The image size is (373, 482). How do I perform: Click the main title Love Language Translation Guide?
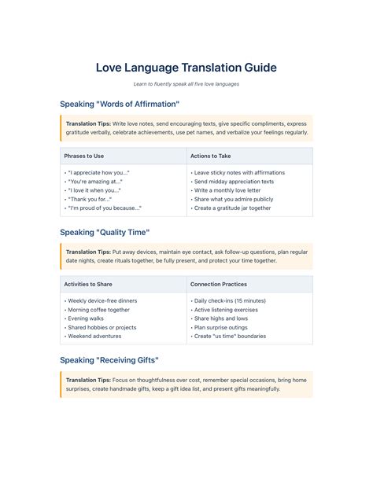click(186, 67)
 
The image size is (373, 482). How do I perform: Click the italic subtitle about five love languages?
click(186, 84)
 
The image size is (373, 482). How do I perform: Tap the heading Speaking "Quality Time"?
click(105, 232)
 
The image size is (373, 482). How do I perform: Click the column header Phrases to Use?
click(84, 156)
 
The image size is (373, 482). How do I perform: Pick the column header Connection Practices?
click(219, 284)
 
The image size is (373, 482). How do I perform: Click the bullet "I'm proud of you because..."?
click(104, 208)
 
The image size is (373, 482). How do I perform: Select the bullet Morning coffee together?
click(98, 310)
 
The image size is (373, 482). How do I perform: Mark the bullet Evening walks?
click(87, 318)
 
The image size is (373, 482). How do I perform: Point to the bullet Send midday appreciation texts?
click(235, 182)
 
